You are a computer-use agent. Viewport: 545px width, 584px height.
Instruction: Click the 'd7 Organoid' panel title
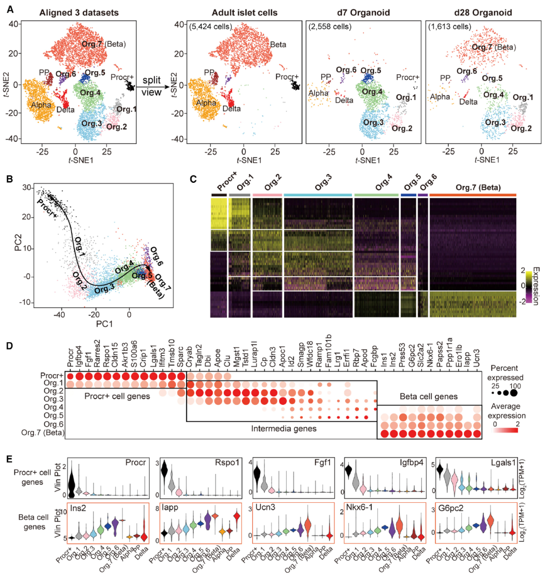click(x=363, y=13)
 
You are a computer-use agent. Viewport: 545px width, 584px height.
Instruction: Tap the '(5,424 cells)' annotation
click(x=210, y=26)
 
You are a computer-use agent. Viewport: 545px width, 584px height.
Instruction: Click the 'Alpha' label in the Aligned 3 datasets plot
click(x=41, y=105)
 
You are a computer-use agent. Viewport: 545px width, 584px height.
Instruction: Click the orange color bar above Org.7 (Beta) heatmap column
click(x=472, y=195)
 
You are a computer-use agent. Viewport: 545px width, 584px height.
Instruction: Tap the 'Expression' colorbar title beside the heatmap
click(x=536, y=285)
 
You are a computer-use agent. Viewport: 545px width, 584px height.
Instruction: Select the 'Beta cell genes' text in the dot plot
click(x=428, y=397)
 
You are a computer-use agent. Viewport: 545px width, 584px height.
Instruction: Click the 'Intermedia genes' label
click(x=284, y=429)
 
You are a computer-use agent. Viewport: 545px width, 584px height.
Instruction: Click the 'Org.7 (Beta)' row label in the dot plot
click(x=43, y=433)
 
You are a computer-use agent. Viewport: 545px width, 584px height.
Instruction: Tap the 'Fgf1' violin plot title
click(x=317, y=462)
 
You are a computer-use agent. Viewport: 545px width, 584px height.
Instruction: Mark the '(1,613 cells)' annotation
click(x=449, y=26)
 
